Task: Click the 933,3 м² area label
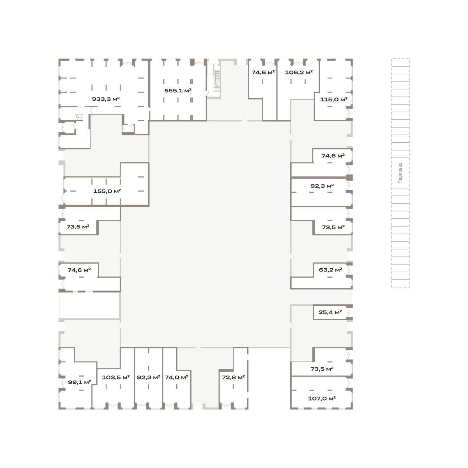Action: (106, 99)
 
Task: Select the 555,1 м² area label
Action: (178, 91)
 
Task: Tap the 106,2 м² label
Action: (299, 73)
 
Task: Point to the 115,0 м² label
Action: (334, 99)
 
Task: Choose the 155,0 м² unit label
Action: (107, 191)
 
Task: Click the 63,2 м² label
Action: (330, 270)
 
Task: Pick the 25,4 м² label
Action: (330, 312)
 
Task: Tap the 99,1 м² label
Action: (80, 382)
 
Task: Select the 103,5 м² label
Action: (115, 378)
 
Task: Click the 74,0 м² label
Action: (177, 378)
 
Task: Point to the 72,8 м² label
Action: (233, 378)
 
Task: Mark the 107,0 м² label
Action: (322, 399)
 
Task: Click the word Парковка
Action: (400, 173)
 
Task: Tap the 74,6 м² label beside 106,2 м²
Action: (263, 73)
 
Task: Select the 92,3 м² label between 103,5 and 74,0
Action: (149, 378)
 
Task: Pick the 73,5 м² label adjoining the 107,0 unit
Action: (322, 369)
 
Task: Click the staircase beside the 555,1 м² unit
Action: (217, 81)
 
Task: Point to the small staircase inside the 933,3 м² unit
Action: (80, 117)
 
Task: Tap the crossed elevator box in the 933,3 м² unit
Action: (128, 128)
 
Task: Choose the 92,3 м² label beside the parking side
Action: (322, 186)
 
